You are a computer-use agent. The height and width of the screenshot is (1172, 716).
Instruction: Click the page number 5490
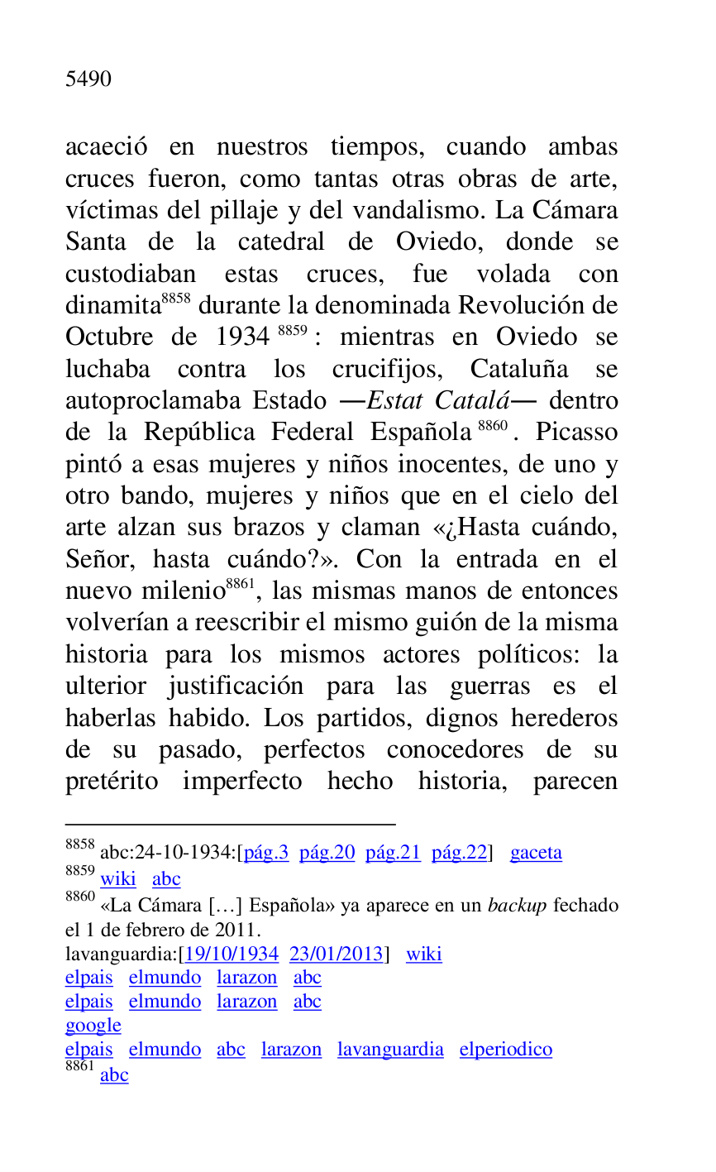[x=88, y=79]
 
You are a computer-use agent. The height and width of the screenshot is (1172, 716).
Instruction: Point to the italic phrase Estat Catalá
[x=438, y=401]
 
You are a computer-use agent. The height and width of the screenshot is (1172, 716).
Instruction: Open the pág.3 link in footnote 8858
[x=266, y=853]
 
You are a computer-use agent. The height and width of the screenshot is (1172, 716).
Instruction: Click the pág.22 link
[x=460, y=853]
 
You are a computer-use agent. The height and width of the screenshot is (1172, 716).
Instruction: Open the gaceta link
[x=536, y=853]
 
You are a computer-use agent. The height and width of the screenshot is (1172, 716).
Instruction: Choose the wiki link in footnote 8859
[x=118, y=878]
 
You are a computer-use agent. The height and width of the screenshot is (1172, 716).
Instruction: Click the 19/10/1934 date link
[x=232, y=954]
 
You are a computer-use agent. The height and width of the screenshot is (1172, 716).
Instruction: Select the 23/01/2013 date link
[x=337, y=954]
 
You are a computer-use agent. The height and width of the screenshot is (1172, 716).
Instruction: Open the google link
[x=93, y=1026]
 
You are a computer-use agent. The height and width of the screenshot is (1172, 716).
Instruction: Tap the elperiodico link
[x=506, y=1050]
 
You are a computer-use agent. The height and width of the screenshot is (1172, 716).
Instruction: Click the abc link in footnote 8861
[x=114, y=1075]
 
